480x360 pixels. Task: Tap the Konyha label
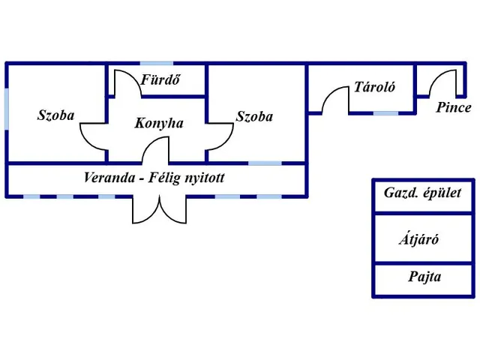coord(159,123)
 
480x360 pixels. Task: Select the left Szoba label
coord(55,115)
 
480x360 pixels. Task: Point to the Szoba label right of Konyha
coord(254,116)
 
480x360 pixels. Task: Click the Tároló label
coord(374,87)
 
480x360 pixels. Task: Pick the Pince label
coord(454,107)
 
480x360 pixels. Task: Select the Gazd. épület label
coord(424,192)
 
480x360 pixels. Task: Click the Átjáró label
coord(418,240)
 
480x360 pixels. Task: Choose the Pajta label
coord(424,277)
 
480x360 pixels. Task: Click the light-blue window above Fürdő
coord(156,63)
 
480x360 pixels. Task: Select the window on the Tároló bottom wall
coord(385,113)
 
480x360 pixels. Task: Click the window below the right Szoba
coord(265,163)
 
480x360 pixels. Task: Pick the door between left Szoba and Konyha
coord(94,136)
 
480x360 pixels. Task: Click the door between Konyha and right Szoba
coord(220,136)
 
